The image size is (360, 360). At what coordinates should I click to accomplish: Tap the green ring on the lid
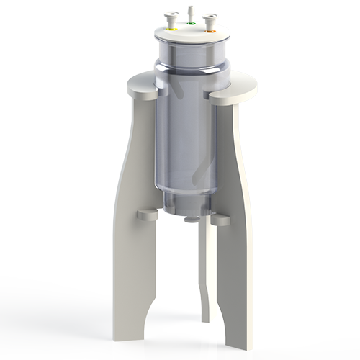click(x=192, y=24)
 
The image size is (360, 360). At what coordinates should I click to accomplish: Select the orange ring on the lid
click(x=211, y=31)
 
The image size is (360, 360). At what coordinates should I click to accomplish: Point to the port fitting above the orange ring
click(x=211, y=20)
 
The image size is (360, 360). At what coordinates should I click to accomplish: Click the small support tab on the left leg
click(x=147, y=215)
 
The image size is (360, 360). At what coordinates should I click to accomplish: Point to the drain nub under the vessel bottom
click(x=191, y=218)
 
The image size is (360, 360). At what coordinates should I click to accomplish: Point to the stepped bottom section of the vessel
click(x=186, y=202)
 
